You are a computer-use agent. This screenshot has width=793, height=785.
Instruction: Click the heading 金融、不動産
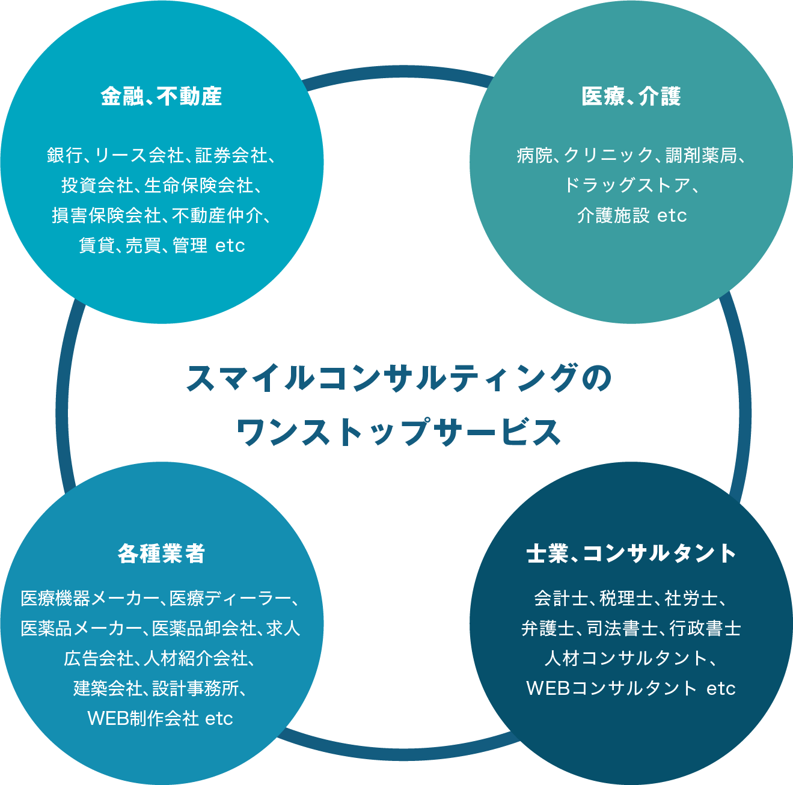tap(161, 96)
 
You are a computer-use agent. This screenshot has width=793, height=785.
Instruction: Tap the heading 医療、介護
tap(631, 96)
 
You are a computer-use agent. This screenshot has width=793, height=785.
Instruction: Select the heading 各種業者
tap(161, 553)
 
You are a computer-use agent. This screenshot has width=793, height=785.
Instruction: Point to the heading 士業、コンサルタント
tap(631, 553)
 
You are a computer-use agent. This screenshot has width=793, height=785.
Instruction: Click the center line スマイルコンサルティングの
tap(399, 379)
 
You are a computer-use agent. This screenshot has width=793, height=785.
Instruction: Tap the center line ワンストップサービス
tap(399, 432)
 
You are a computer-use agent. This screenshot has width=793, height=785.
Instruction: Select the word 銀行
tap(64, 155)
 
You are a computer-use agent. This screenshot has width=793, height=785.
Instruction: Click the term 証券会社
tap(231, 155)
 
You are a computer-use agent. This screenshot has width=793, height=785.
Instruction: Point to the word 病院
tap(534, 155)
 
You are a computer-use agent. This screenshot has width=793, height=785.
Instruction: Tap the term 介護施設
tap(612, 215)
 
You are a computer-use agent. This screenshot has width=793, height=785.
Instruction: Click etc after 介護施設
tap(672, 215)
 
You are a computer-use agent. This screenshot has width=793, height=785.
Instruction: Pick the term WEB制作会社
tap(143, 718)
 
